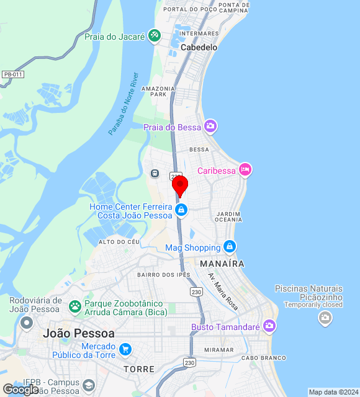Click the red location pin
click(179, 185)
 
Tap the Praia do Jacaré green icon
click(155, 37)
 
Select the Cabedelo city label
click(199, 47)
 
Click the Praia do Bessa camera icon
click(210, 127)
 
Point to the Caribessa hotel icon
click(245, 169)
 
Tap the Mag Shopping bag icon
click(230, 247)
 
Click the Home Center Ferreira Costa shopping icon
click(181, 211)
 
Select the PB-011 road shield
click(12, 74)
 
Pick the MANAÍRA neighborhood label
click(222, 264)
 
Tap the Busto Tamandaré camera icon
click(269, 326)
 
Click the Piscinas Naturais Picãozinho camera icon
click(325, 319)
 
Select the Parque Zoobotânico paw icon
click(75, 306)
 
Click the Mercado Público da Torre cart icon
click(125, 349)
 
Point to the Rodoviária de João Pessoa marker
click(26, 323)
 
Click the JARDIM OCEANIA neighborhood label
click(228, 216)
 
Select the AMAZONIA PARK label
click(154, 91)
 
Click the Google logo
click(20, 390)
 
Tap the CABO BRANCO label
click(264, 358)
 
